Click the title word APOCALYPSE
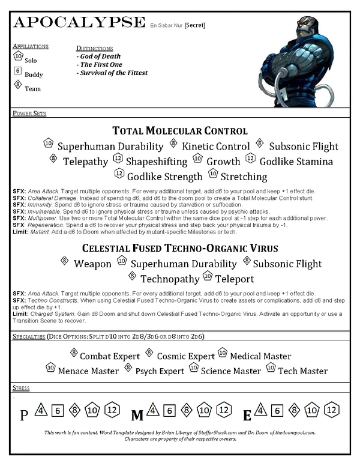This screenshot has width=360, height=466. pos(79,23)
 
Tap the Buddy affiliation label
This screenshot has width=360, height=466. pos(34,74)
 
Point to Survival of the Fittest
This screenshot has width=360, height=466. pos(112,73)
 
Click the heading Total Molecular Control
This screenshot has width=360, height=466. pos(180,130)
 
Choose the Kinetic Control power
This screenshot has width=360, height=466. pos(215,146)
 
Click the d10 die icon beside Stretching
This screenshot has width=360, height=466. pos(212,174)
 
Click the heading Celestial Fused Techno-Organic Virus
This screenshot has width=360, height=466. pos(180,247)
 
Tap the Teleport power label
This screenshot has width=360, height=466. pos(235,279)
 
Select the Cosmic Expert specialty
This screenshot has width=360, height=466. pos(185,356)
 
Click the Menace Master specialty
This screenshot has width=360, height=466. pos(88,371)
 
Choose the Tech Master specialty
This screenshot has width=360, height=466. pos(303,371)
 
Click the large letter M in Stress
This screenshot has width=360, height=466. pos(137,414)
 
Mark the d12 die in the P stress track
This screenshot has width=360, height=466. pos(112,411)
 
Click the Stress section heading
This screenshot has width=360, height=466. pos(21,388)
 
